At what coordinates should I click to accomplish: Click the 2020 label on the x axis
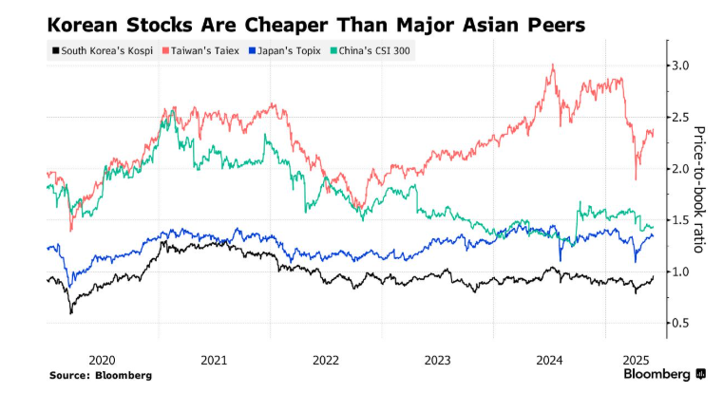point(102,360)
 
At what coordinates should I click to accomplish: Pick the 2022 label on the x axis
point(325,360)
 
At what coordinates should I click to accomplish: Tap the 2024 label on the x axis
point(548,360)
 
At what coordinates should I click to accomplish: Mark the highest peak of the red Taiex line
point(552,65)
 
